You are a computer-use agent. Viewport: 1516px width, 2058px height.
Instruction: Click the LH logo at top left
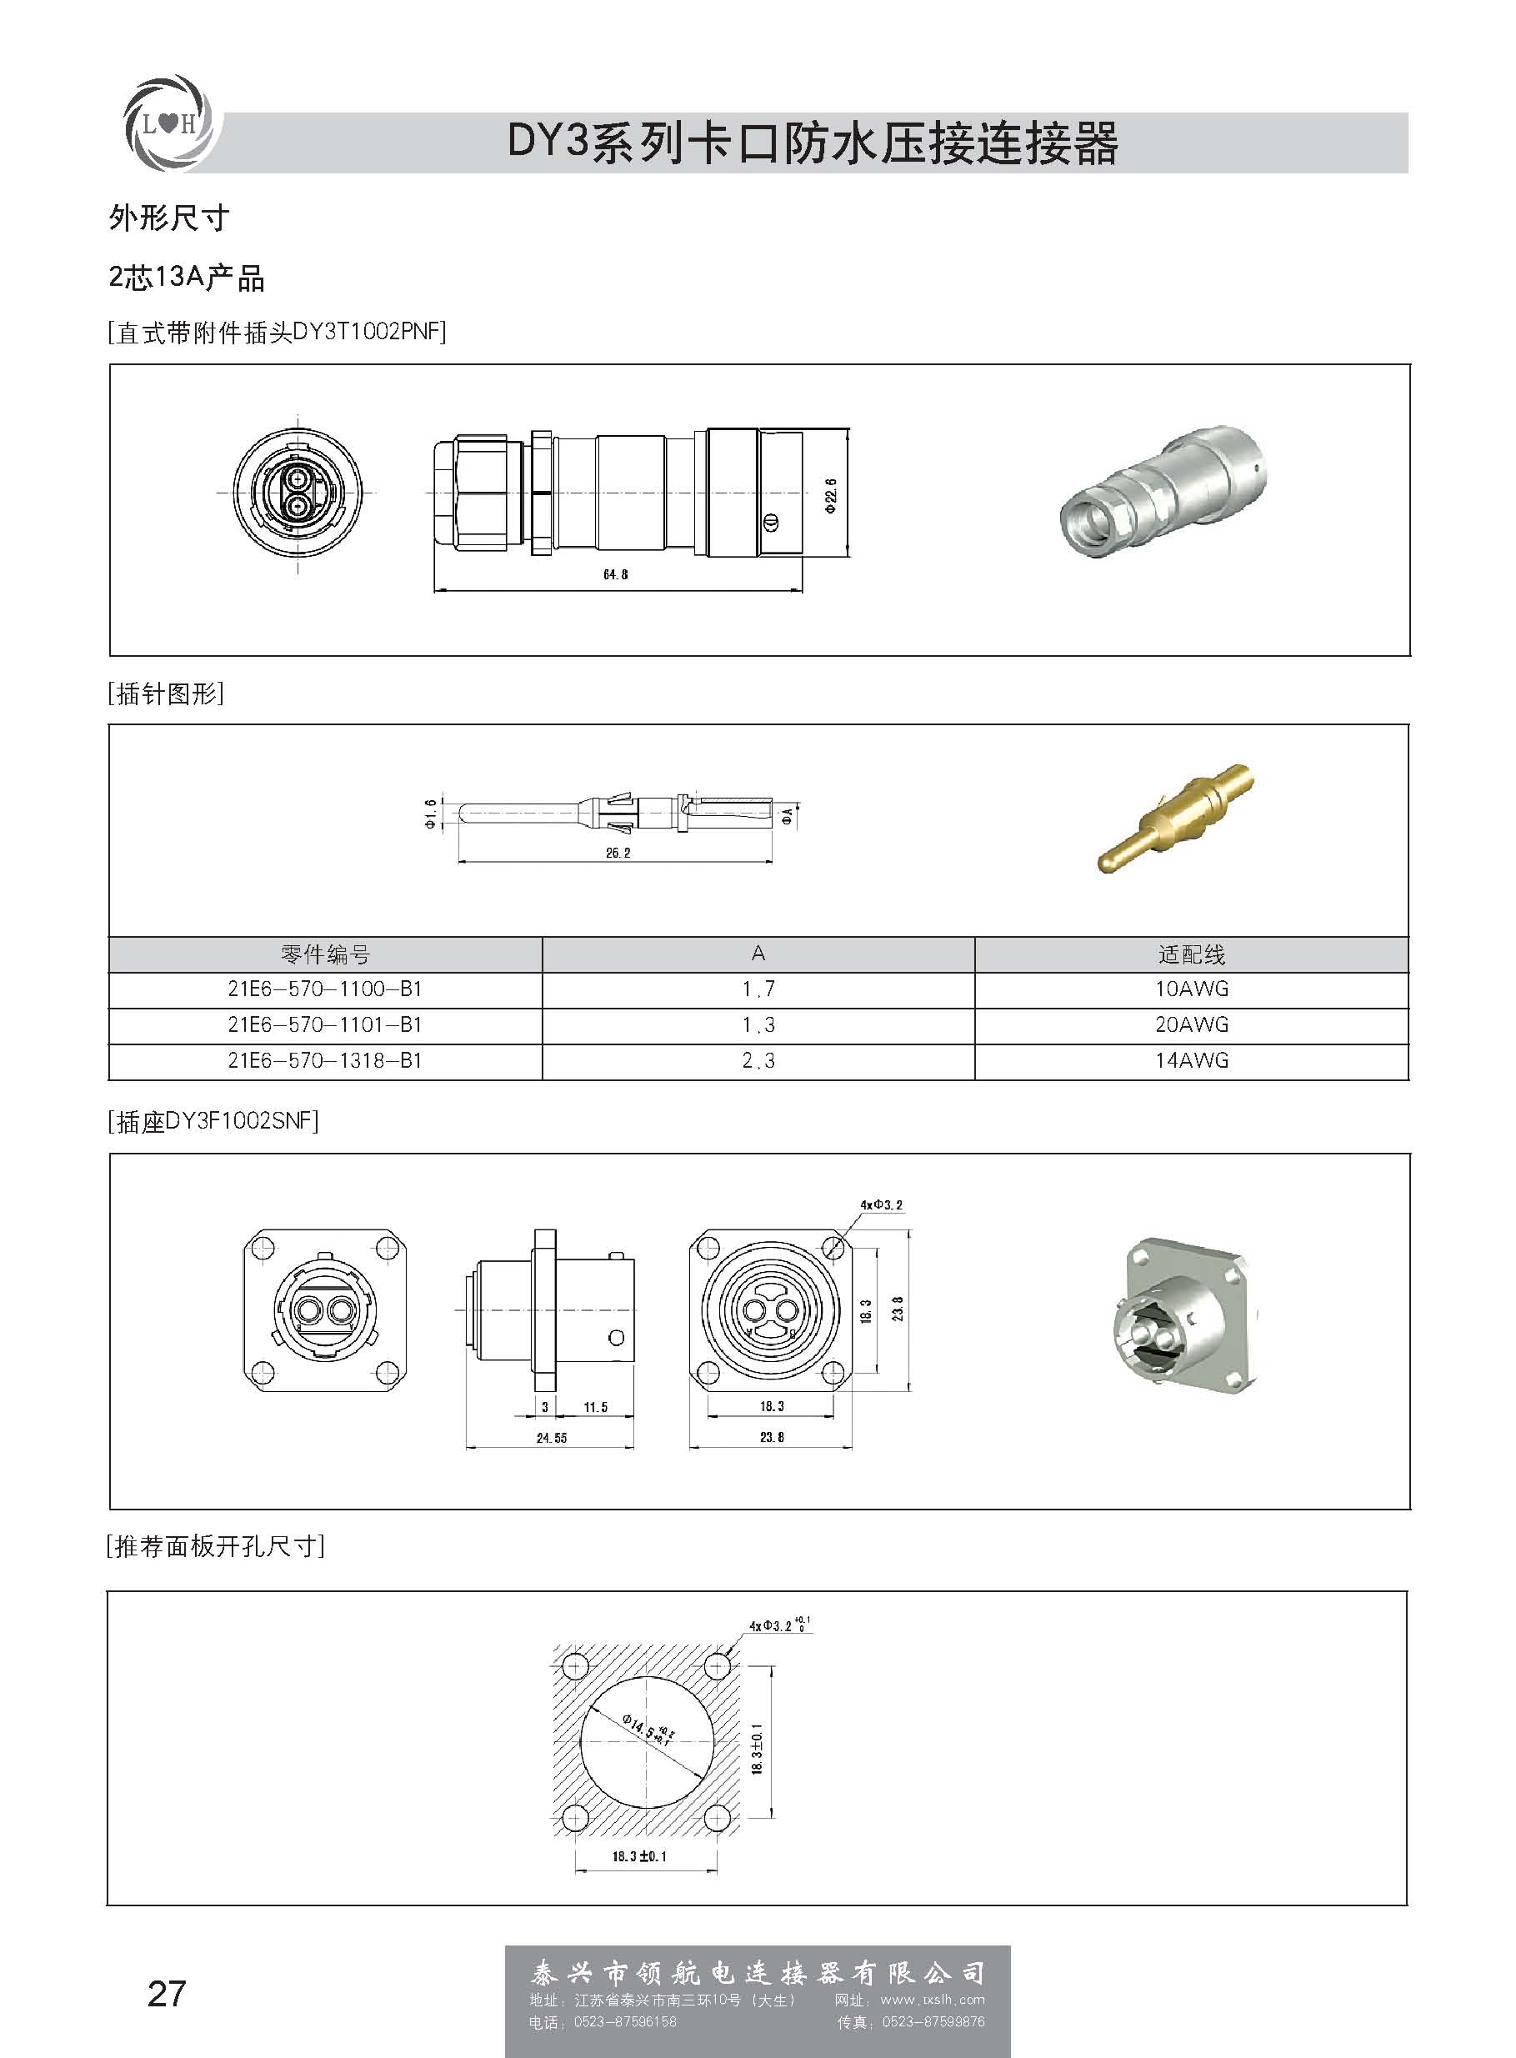pyautogui.click(x=168, y=123)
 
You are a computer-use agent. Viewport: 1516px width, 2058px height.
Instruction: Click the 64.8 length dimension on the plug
pyautogui.click(x=615, y=574)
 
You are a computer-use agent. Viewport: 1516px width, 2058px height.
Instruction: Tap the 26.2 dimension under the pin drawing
pyautogui.click(x=618, y=853)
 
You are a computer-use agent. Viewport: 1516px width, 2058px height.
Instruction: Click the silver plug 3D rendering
pyautogui.click(x=1162, y=493)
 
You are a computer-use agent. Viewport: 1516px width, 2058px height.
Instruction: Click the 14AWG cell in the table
pyautogui.click(x=1191, y=1060)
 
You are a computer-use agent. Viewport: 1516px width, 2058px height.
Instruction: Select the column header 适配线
pyautogui.click(x=1191, y=955)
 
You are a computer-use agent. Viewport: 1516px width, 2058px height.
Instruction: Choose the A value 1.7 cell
pyautogui.click(x=758, y=989)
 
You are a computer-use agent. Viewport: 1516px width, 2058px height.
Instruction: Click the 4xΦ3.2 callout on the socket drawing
pyautogui.click(x=881, y=1204)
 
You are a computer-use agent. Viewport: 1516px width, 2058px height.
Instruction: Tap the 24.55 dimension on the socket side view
pyautogui.click(x=552, y=1438)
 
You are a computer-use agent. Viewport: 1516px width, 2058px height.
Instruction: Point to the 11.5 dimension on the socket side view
pyautogui.click(x=596, y=1406)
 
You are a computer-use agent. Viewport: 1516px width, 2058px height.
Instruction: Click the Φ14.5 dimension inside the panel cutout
pyautogui.click(x=648, y=1729)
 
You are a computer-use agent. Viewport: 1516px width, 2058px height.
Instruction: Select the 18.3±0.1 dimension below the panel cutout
pyautogui.click(x=638, y=1856)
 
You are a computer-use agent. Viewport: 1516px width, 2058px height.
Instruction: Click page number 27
pyautogui.click(x=166, y=1994)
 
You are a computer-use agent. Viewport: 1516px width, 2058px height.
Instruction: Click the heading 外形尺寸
pyautogui.click(x=169, y=218)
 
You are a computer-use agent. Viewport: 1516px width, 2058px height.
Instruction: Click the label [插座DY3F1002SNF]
pyautogui.click(x=214, y=1121)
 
